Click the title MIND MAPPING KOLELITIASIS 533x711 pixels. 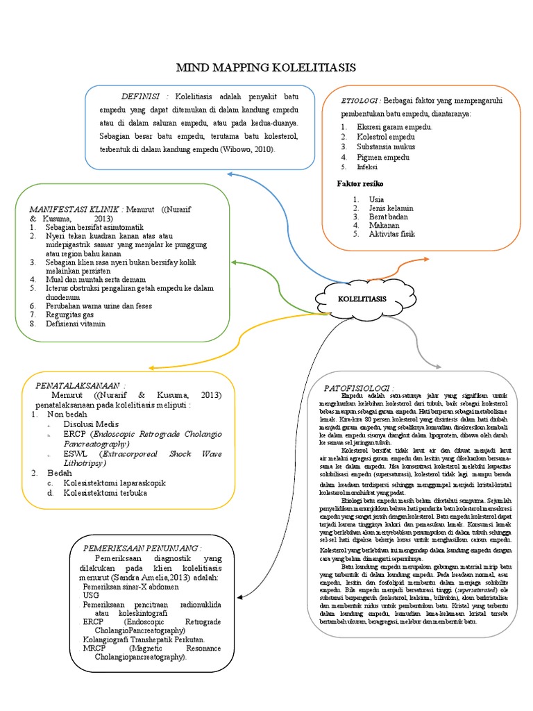[x=266, y=67]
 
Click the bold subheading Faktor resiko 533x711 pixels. [x=360, y=183]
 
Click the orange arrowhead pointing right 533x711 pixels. [x=425, y=259]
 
